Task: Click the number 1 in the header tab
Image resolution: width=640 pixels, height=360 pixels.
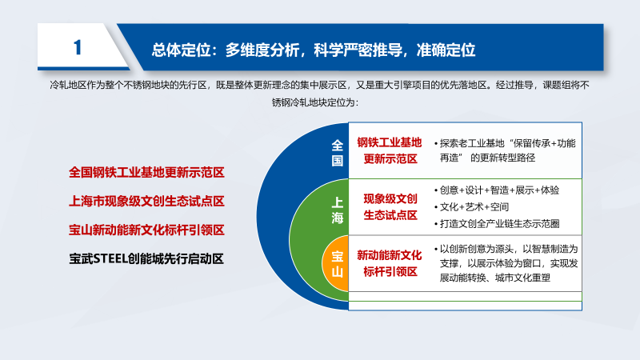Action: [78, 47]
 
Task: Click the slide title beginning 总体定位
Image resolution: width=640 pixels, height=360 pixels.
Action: [314, 50]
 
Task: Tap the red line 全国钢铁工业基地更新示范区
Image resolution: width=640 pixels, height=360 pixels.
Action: [146, 172]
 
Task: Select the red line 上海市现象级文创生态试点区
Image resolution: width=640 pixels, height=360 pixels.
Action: [146, 201]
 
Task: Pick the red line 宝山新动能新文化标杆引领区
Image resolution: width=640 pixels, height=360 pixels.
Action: [146, 230]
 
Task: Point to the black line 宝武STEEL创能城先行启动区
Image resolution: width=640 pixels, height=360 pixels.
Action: [146, 258]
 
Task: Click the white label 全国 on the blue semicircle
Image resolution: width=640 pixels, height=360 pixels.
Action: [337, 153]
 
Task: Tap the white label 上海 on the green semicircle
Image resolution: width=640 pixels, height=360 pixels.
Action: [337, 210]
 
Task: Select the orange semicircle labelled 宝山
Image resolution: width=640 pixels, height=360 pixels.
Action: [335, 263]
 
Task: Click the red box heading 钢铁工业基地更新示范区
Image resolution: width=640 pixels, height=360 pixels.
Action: [390, 150]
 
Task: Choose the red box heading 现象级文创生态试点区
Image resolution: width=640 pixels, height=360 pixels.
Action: [390, 207]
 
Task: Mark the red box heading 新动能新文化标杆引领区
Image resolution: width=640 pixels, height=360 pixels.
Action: [390, 263]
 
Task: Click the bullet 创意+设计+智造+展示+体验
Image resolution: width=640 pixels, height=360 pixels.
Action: [497, 190]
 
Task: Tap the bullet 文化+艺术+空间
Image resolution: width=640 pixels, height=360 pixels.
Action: [471, 207]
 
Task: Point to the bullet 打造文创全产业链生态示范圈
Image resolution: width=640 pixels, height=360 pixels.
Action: [497, 224]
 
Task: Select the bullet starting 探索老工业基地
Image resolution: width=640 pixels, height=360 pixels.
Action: [506, 150]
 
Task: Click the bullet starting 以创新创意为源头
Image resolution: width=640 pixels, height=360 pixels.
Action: [506, 263]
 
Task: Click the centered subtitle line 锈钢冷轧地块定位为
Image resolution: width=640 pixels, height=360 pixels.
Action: [315, 102]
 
